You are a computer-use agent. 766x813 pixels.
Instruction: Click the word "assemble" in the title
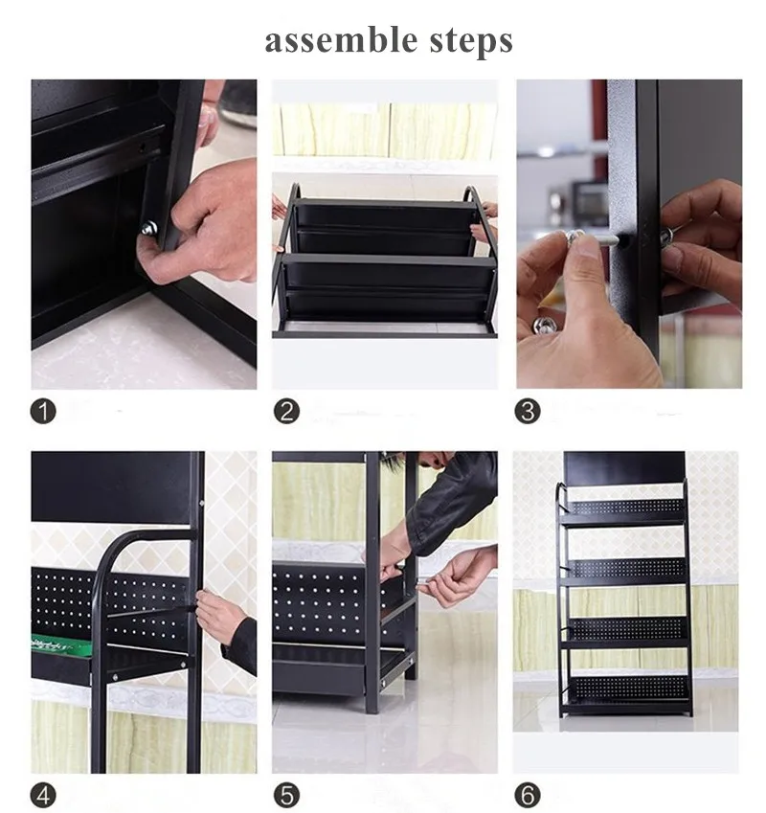(x=341, y=40)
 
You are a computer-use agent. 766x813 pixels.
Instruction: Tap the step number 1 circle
(x=43, y=411)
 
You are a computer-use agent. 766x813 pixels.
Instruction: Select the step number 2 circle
(x=286, y=411)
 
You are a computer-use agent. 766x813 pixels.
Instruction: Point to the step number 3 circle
(x=528, y=411)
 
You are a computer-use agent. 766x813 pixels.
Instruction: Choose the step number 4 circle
(x=43, y=796)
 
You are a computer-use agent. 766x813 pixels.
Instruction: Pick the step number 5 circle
(x=286, y=796)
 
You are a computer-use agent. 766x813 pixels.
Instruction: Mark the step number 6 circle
(x=528, y=796)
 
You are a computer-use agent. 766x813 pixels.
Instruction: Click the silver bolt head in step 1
(x=149, y=228)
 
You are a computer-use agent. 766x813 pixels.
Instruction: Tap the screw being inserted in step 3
(x=593, y=238)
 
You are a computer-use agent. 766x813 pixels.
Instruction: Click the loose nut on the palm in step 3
(x=543, y=325)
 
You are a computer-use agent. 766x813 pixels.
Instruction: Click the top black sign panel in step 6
(x=624, y=465)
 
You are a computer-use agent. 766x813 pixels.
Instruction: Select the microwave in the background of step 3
(x=589, y=199)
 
